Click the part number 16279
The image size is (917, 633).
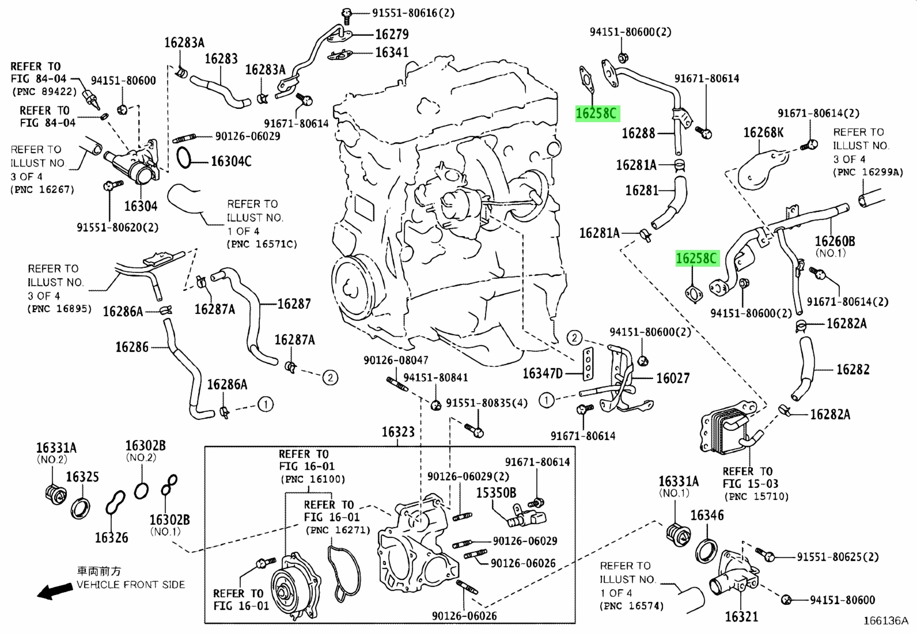coord(392,35)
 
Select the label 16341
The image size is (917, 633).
coord(392,52)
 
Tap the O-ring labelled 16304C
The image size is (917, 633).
coord(184,158)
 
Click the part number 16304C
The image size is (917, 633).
coord(231,161)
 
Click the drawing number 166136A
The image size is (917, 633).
coord(885,621)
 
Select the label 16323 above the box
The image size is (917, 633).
coord(398,432)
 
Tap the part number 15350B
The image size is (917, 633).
coord(496,492)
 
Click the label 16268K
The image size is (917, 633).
coord(763,132)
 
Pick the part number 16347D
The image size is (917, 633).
coord(543,373)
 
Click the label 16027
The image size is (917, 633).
coord(673,378)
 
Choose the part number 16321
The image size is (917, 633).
coord(741,617)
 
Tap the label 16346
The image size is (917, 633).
coord(707,515)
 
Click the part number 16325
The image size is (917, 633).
coord(82,477)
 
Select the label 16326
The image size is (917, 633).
coord(111,537)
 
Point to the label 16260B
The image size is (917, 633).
coord(835,241)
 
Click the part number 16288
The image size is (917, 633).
coord(639,133)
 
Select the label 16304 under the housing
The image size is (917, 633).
coord(141,206)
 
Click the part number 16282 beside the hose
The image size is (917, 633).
coord(852,369)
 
